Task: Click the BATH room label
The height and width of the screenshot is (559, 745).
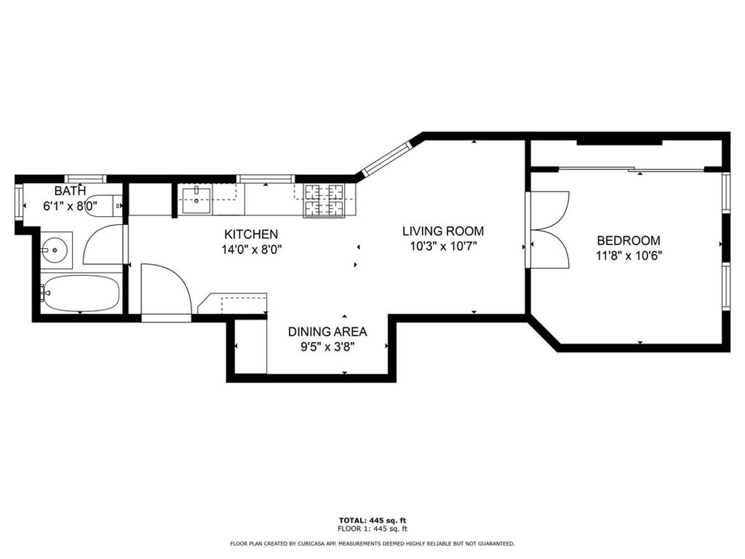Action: pyautogui.click(x=70, y=191)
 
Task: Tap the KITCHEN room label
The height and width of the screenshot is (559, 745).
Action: pyautogui.click(x=251, y=234)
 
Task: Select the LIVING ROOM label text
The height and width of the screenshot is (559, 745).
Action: pyautogui.click(x=443, y=231)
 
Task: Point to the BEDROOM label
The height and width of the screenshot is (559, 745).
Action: pyautogui.click(x=628, y=240)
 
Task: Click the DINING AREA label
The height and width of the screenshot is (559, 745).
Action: pyautogui.click(x=327, y=332)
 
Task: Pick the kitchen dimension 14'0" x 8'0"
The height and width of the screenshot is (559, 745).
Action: pyautogui.click(x=251, y=250)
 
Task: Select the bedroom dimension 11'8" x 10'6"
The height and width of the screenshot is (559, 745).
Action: pyautogui.click(x=629, y=256)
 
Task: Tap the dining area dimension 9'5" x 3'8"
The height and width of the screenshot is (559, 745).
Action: pyautogui.click(x=327, y=347)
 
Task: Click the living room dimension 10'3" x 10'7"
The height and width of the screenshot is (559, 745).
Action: pyautogui.click(x=443, y=247)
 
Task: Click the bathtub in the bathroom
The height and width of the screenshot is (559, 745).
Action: pyautogui.click(x=81, y=293)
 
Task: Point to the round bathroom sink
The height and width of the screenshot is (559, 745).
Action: pyautogui.click(x=54, y=250)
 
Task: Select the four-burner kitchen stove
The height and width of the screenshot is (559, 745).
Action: pyautogui.click(x=324, y=199)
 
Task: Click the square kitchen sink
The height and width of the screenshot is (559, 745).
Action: pyautogui.click(x=196, y=201)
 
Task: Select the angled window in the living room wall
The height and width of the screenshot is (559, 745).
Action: pyautogui.click(x=387, y=159)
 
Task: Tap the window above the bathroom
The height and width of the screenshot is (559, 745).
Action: pyautogui.click(x=85, y=178)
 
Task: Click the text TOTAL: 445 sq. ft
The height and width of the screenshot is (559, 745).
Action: pyautogui.click(x=372, y=520)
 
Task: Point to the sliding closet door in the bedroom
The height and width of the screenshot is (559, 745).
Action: pyautogui.click(x=631, y=169)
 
